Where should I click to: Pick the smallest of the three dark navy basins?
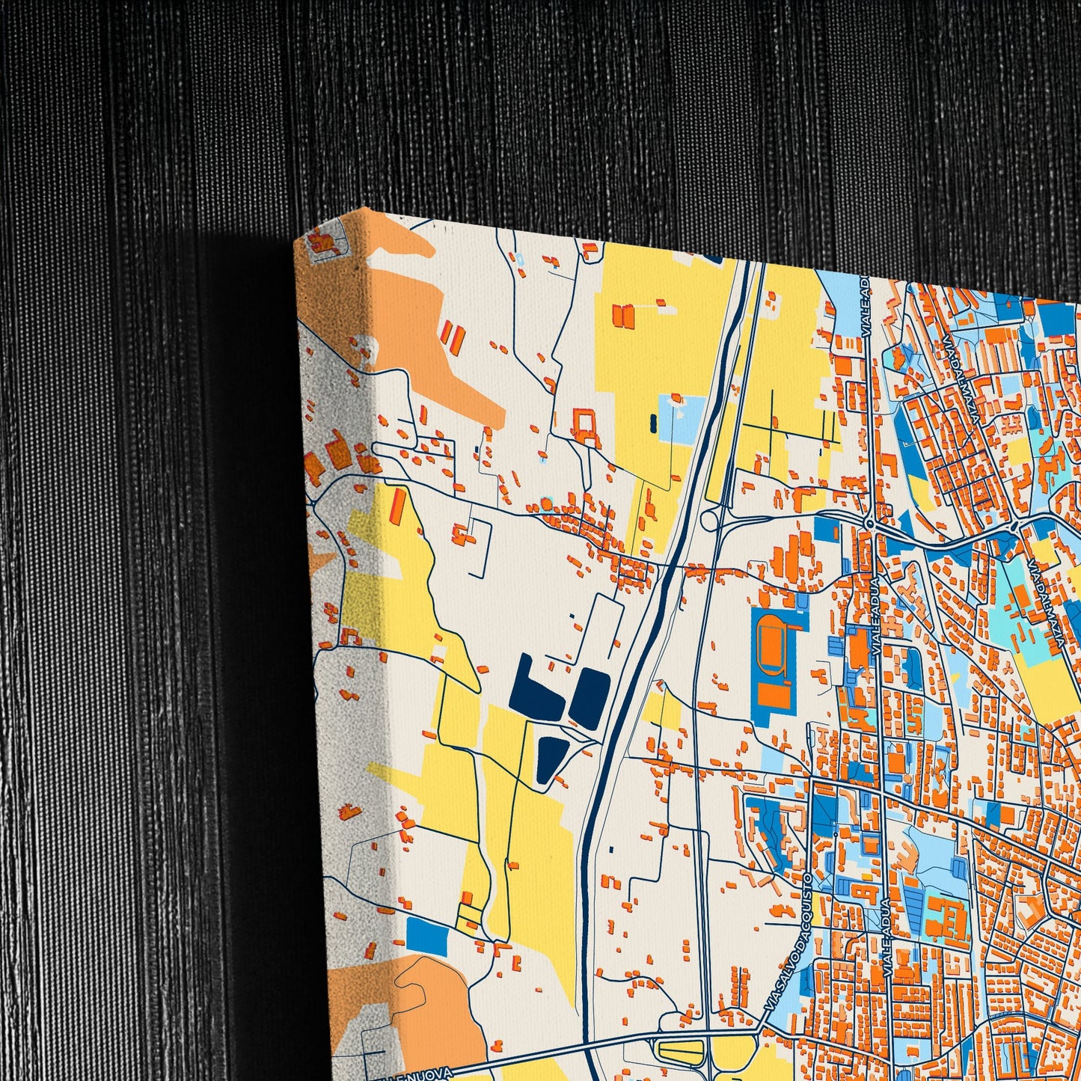pyautogui.click(x=551, y=761)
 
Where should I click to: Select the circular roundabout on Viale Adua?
pyautogui.click(x=869, y=523)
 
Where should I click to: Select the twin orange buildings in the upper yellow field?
pyautogui.click(x=622, y=314)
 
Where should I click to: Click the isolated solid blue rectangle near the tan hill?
pyautogui.click(x=427, y=933)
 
